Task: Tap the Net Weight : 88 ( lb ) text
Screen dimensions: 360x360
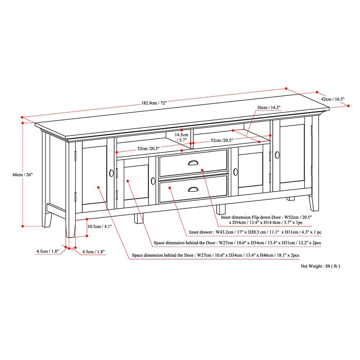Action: [320, 266]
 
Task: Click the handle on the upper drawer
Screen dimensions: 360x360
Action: [193, 163]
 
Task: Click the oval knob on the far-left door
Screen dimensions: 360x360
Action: [111, 173]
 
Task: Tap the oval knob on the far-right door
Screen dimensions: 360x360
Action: [277, 155]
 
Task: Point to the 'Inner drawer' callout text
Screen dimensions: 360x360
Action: [255, 232]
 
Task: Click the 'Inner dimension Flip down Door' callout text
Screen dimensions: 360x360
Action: [265, 220]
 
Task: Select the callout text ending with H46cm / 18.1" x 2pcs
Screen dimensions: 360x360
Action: [216, 255]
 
